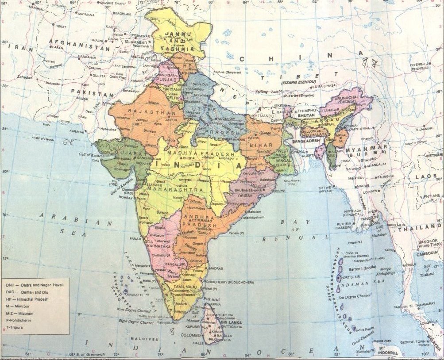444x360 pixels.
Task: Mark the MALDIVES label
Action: point(146,339)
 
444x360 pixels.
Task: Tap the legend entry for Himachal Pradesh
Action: point(33,299)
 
